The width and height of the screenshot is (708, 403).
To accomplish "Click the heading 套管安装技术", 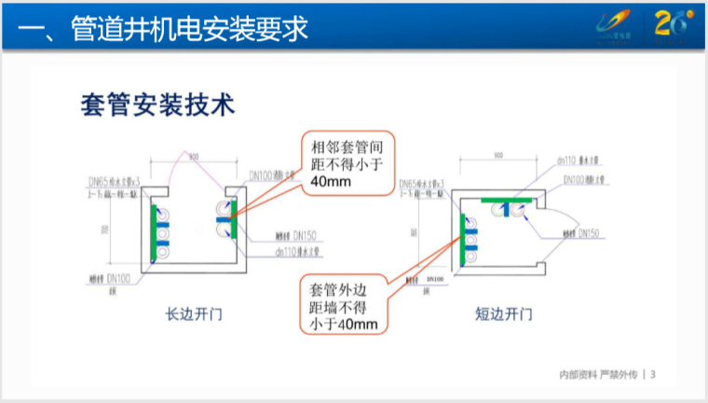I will point(156,103).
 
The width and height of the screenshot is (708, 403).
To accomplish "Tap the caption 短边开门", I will point(503,313).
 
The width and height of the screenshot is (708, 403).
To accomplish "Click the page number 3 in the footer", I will point(653,374).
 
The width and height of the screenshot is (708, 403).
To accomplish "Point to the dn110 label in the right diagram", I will point(572,160).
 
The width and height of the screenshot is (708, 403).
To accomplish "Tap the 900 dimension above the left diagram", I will point(194,159).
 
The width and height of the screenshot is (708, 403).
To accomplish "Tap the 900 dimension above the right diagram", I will point(498,155).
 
